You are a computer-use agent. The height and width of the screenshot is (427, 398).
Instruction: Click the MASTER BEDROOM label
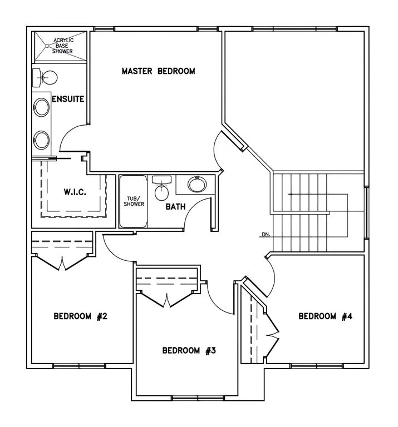click(x=159, y=71)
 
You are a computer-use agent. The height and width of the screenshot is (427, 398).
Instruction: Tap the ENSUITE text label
click(x=68, y=99)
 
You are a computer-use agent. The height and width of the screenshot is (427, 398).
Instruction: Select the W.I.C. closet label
click(x=75, y=192)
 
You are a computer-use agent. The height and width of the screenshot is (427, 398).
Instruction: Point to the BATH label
click(x=175, y=207)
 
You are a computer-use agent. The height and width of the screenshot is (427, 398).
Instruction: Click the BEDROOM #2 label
click(x=80, y=316)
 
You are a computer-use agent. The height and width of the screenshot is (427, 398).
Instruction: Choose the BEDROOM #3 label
click(x=189, y=350)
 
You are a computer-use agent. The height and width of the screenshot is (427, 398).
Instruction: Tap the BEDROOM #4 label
click(x=326, y=316)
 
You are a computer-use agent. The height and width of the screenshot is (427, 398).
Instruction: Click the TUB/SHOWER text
click(x=134, y=201)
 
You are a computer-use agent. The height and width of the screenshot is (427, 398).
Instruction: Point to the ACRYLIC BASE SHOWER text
click(x=63, y=46)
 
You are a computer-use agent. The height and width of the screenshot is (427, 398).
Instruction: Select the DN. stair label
click(x=266, y=234)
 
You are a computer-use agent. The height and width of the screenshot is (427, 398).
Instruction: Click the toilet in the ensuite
click(x=45, y=78)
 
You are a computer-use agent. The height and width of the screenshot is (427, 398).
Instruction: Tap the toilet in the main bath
click(x=161, y=188)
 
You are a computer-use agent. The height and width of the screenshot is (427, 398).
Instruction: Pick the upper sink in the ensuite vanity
click(x=41, y=107)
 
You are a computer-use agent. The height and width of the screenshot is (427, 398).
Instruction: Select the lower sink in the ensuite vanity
click(x=41, y=140)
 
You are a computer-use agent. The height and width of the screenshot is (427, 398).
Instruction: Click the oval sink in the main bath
click(x=197, y=185)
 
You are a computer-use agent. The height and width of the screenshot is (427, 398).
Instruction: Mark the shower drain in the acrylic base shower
click(x=47, y=46)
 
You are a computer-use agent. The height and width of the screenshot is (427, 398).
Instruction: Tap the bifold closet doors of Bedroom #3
click(x=167, y=299)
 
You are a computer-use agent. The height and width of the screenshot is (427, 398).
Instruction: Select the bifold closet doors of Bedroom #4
click(x=272, y=335)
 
